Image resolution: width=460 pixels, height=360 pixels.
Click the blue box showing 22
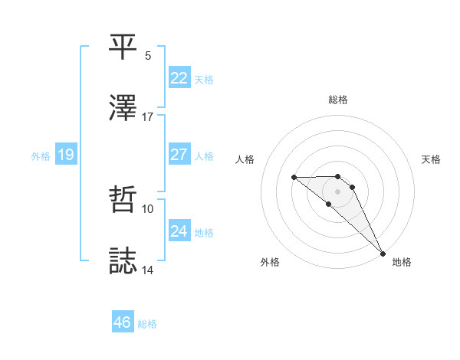[x=179, y=78]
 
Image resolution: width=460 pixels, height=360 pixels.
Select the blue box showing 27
[x=179, y=154]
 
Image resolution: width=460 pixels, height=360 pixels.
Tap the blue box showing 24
[x=179, y=231]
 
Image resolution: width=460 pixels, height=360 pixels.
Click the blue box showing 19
[x=65, y=155]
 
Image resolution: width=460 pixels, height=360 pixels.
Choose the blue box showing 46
[x=122, y=322]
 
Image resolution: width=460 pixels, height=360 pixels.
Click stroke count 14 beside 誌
[x=148, y=270]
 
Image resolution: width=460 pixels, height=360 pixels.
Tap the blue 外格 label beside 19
[x=41, y=155]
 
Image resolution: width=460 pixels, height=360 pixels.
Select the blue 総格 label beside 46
[x=147, y=323]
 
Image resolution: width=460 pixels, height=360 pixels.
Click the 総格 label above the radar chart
[x=338, y=100]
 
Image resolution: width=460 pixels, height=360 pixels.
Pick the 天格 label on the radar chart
[x=432, y=159]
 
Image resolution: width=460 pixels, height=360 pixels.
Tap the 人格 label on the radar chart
[x=245, y=159]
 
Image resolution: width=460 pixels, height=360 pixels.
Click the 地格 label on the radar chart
[x=402, y=262]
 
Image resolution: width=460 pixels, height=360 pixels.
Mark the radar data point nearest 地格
[x=382, y=253]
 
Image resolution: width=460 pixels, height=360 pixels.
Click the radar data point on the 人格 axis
[x=294, y=178]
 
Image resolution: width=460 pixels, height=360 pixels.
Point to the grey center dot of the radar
[x=338, y=191]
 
